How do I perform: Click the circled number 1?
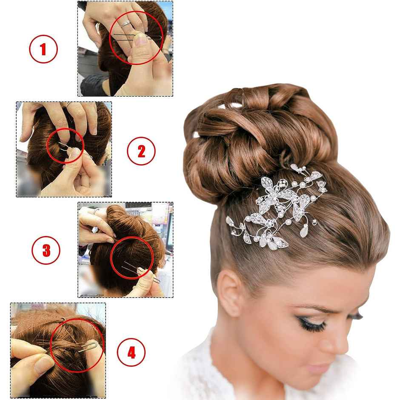[43, 49]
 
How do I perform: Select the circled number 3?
[46, 250]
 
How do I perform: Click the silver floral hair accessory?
[277, 209]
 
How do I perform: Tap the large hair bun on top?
[255, 136]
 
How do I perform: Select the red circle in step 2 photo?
[66, 145]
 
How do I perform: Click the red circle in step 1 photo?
[137, 38]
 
